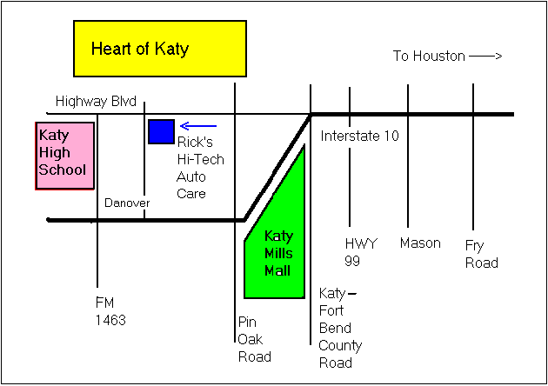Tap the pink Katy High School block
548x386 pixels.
pos(64,156)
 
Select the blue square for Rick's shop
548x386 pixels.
pos(161,131)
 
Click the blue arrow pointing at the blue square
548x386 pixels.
pos(197,126)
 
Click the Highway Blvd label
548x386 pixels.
pos(96,102)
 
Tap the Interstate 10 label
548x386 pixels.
pos(359,136)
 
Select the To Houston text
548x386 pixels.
pos(428,57)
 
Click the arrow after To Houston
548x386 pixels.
pos(485,57)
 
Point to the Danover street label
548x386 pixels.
pos(127,203)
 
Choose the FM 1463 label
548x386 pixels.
pos(110,311)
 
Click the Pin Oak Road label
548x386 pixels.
pos(254,339)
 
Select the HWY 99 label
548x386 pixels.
pos(361,252)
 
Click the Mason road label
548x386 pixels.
pos(420,243)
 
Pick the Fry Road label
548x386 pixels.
pos(481,254)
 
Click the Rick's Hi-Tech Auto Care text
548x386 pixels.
pos(200,167)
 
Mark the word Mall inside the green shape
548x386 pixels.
pos(278,269)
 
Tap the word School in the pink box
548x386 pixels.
pos(63,169)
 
